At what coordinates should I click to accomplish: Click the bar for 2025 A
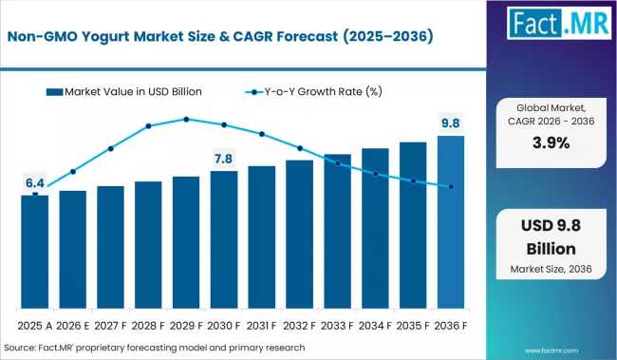point(35,252)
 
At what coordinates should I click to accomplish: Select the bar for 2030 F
point(224,239)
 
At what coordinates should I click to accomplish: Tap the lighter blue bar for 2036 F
point(451,222)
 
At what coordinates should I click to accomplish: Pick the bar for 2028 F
point(148,245)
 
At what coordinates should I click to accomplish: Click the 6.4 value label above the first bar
point(35,183)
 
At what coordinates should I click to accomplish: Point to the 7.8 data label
point(223,159)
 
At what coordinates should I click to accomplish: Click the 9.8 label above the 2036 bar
point(451,123)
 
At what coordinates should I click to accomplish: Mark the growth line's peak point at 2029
point(186,120)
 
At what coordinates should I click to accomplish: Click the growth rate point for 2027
point(111,148)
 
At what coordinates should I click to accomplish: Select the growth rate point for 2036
point(451,187)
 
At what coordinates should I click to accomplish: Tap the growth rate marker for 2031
point(262,134)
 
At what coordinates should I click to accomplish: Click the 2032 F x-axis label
point(299,326)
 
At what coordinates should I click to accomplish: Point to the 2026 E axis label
point(73,326)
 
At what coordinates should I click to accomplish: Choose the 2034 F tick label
point(375,326)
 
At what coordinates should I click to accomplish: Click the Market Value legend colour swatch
point(54,92)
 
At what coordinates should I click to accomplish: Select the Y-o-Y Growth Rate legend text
point(323,92)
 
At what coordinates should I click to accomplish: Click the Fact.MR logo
point(559,23)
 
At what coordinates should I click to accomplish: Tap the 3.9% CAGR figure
point(551,142)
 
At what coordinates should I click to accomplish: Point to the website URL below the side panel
point(552,351)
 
